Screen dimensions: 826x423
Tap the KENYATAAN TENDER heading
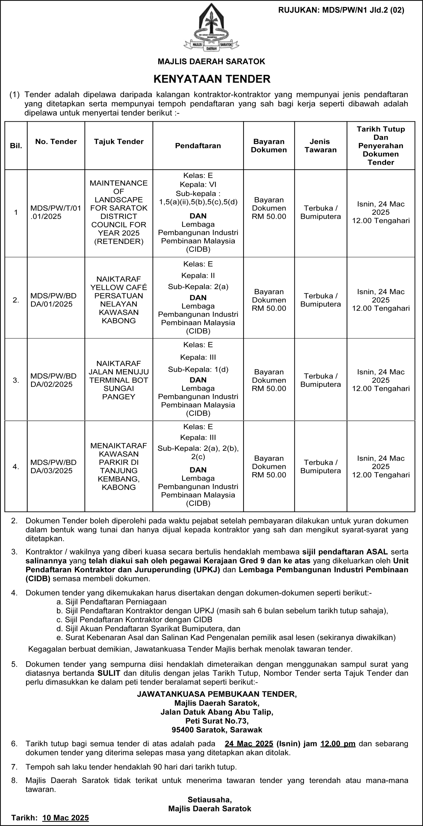212,79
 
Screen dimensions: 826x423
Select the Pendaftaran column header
198,146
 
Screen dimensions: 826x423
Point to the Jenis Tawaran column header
320,146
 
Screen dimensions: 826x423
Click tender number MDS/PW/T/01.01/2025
56,212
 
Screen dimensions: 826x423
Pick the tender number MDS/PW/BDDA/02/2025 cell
53,380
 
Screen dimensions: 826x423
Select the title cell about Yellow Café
119,299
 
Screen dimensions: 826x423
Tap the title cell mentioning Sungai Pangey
119,380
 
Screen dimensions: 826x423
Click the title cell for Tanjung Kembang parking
119,466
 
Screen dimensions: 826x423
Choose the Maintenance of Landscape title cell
119,212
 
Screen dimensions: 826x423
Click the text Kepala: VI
198,184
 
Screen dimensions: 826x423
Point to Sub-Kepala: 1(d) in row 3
198,369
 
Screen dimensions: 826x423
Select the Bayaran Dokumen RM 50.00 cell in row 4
269,466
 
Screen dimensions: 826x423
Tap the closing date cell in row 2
381,300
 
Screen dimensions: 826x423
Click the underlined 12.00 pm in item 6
338,743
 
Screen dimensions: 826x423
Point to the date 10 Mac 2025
65,818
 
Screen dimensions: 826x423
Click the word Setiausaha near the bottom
210,799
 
